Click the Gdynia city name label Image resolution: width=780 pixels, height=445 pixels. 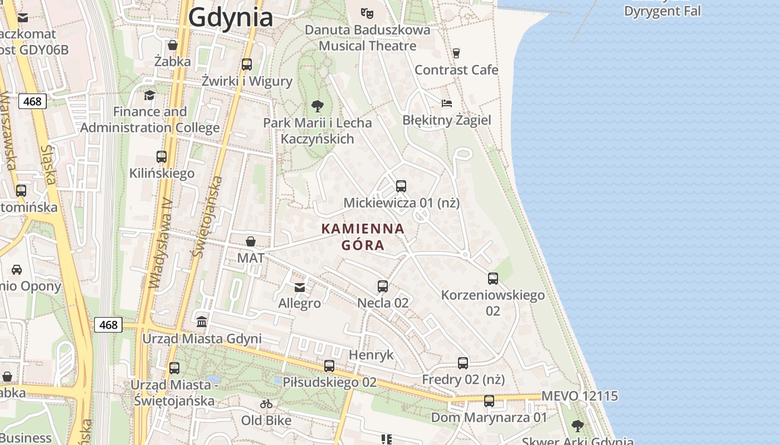[231, 17]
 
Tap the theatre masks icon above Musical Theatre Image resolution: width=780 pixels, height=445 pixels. [366, 12]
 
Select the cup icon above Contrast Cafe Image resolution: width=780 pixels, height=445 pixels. [456, 53]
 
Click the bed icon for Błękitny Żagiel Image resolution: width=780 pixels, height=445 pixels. [447, 103]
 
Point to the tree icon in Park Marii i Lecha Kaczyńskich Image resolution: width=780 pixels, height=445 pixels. [318, 106]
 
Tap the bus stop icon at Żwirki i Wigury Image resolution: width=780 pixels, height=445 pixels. [247, 65]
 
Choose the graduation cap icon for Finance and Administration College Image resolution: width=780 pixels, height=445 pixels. [149, 95]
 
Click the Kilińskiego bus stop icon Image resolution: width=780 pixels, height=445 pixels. [162, 157]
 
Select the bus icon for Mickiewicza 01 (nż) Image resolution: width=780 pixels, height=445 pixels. [401, 186]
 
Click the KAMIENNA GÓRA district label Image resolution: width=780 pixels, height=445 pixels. [363, 236]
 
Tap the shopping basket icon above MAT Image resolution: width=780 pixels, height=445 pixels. [251, 241]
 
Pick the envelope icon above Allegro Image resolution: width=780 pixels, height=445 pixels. [300, 287]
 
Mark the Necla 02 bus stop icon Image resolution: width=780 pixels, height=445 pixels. [383, 286]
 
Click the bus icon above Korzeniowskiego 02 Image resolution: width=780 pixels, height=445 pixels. [493, 279]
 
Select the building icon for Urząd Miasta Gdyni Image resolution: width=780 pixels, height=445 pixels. [202, 322]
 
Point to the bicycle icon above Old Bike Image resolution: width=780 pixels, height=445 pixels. [266, 404]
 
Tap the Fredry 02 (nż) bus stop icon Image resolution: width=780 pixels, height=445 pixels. [463, 363]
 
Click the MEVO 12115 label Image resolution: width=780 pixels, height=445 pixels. [579, 396]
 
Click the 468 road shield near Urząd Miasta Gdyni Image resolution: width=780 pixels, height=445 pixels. [108, 324]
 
